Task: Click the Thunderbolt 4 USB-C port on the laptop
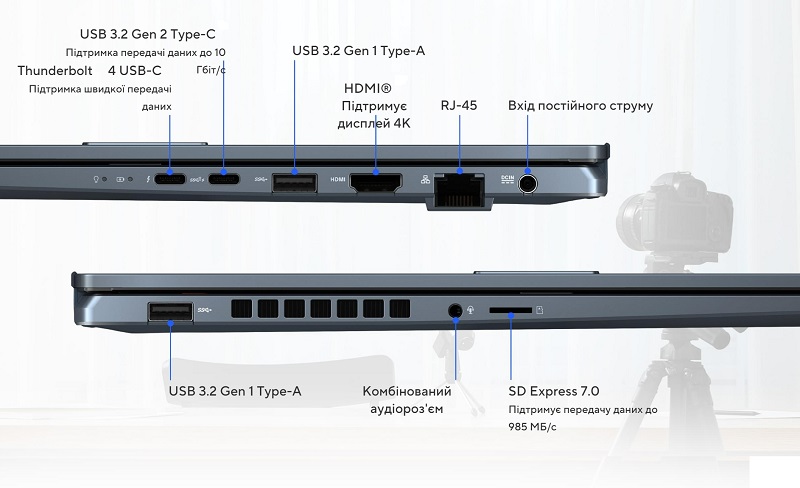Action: click(170, 179)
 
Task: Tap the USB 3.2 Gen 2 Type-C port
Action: click(223, 179)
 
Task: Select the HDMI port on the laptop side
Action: click(376, 183)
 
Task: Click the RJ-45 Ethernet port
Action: click(459, 190)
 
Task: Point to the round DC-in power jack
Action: click(528, 183)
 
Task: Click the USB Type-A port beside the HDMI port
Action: click(294, 183)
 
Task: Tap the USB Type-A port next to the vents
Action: click(170, 311)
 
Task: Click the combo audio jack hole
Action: click(455, 310)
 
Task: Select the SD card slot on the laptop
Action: click(511, 310)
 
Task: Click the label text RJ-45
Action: click(459, 105)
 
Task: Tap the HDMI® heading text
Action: click(367, 88)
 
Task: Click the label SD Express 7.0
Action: click(554, 391)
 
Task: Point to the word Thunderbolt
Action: click(55, 70)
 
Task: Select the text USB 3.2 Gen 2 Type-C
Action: click(147, 34)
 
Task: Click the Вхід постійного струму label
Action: click(581, 106)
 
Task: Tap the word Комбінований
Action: click(407, 391)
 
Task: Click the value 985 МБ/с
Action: click(532, 426)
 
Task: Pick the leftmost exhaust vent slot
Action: click(241, 309)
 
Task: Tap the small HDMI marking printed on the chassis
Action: click(338, 180)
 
